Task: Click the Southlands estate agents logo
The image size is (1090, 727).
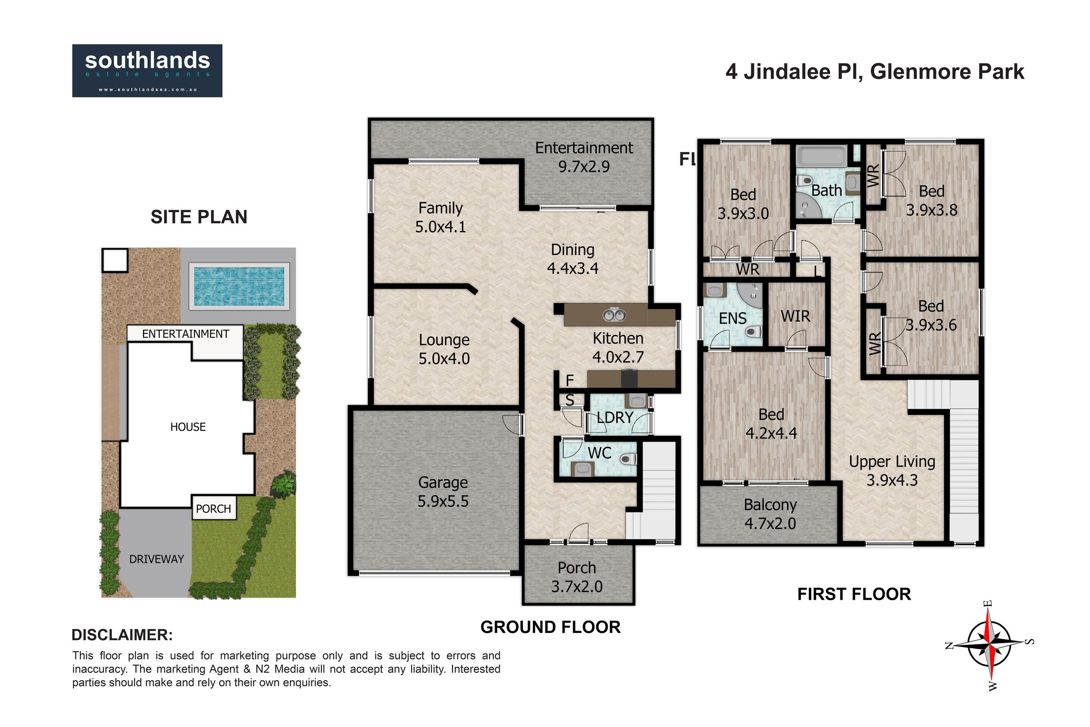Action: (147, 70)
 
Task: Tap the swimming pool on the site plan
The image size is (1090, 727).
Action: (239, 286)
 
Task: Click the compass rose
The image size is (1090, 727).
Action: (989, 644)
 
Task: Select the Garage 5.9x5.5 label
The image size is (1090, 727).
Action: (443, 492)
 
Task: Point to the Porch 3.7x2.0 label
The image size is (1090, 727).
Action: (577, 577)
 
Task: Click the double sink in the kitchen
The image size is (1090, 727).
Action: (614, 315)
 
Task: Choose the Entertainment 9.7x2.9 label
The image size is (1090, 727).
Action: (584, 157)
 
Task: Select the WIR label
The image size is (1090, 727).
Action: (795, 316)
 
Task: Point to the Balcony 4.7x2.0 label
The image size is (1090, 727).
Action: (770, 514)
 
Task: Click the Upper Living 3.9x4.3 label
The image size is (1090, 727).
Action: (892, 471)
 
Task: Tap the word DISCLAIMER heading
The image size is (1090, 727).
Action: (122, 635)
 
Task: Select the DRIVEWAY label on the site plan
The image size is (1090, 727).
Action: (157, 559)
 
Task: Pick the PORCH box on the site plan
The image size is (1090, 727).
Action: (213, 508)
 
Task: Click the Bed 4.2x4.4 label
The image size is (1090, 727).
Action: (771, 423)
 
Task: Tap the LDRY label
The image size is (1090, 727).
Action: (615, 417)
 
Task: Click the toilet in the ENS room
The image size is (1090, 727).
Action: (753, 332)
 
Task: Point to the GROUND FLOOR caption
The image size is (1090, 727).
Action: (550, 627)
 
